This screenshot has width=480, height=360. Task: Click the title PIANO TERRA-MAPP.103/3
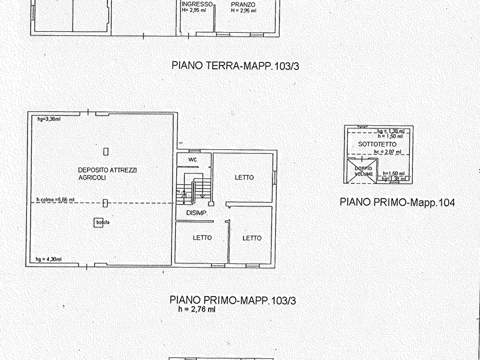[x=235, y=66]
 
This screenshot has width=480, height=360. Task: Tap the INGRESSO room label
[x=196, y=4]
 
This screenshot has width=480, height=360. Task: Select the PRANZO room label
[x=243, y=4]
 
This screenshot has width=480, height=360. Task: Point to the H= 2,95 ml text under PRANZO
[x=243, y=10]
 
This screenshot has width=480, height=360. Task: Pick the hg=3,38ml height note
[x=48, y=119]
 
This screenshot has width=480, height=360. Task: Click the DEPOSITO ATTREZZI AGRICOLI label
[x=108, y=174]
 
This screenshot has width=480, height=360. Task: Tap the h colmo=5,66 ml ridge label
[x=55, y=200]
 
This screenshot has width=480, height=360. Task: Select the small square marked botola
[x=99, y=222]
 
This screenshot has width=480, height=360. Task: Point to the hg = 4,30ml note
[x=48, y=259]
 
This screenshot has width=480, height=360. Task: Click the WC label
[x=192, y=160]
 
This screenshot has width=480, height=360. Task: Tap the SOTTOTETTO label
[x=377, y=145]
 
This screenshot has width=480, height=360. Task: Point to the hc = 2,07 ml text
[x=387, y=152]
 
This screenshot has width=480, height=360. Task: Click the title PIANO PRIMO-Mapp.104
[x=397, y=203]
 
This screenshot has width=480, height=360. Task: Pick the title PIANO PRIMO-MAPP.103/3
[x=232, y=300]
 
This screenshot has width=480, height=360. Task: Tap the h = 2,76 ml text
[x=197, y=309]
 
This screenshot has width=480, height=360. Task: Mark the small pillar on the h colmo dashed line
[x=105, y=203]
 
